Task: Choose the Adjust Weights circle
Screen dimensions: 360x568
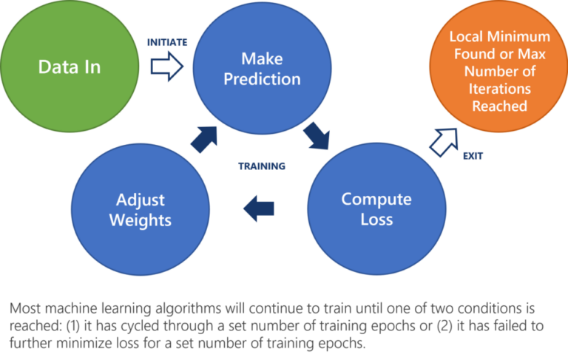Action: (x=141, y=209)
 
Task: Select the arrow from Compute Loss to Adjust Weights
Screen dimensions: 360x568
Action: (x=261, y=208)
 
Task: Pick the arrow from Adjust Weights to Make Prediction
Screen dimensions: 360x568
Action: (x=203, y=138)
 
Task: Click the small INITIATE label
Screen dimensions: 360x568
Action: (x=167, y=43)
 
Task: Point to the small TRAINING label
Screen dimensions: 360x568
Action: (x=261, y=166)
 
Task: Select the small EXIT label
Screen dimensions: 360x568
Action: (x=473, y=156)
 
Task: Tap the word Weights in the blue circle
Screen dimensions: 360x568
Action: (x=141, y=220)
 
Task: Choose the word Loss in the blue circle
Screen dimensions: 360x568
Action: (x=376, y=220)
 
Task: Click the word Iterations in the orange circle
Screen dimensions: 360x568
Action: (x=500, y=89)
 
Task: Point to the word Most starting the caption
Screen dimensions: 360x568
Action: (x=26, y=308)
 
